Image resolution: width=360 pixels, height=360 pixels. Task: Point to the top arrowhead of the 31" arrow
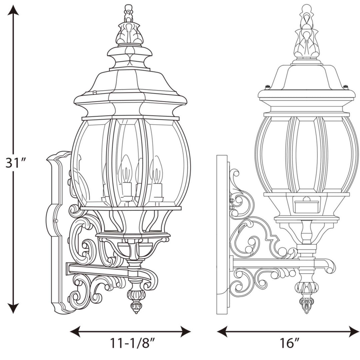point(13,11)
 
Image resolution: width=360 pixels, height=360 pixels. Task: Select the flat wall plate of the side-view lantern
point(222,233)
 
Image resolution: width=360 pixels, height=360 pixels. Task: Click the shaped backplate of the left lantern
point(57,233)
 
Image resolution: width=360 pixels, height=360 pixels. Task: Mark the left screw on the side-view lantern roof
point(268,87)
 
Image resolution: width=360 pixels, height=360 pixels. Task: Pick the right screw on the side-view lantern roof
point(345,87)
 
